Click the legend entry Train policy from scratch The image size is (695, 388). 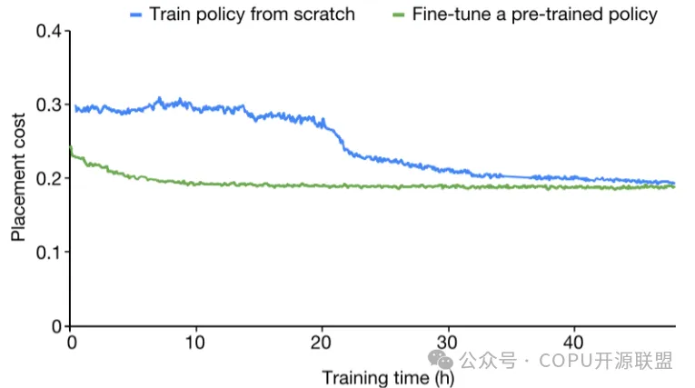click(x=253, y=15)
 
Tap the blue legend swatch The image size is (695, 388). click(x=137, y=15)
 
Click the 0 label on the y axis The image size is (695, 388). click(x=56, y=325)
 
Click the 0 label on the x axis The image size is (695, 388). click(x=71, y=343)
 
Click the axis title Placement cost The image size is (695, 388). click(x=18, y=179)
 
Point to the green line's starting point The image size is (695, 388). click(x=71, y=149)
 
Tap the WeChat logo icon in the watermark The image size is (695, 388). click(x=442, y=362)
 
